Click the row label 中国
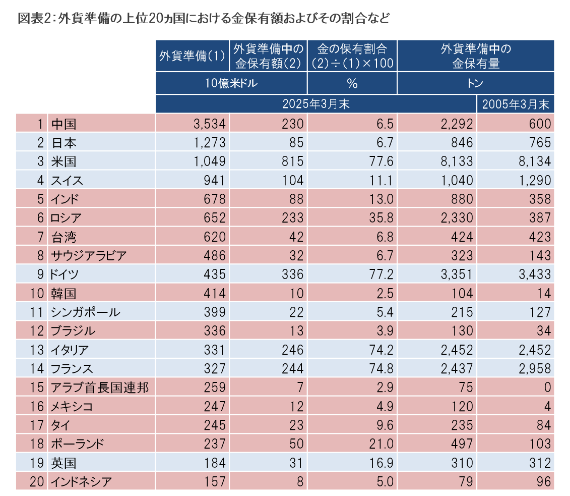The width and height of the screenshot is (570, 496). [x=64, y=124]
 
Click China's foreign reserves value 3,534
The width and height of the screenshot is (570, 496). [x=209, y=124]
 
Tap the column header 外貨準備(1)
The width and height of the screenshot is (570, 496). [x=192, y=56]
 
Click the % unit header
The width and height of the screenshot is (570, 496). [x=352, y=83]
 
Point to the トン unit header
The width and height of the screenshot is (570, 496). [x=475, y=83]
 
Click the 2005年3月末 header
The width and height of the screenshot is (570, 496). [x=515, y=104]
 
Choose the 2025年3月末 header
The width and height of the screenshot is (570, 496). [x=316, y=104]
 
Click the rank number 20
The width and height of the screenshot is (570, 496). [x=37, y=482]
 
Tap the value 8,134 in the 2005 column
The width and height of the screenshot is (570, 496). [x=535, y=161]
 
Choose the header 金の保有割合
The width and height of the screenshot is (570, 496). [x=352, y=49]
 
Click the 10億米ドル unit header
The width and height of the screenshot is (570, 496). [x=231, y=83]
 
